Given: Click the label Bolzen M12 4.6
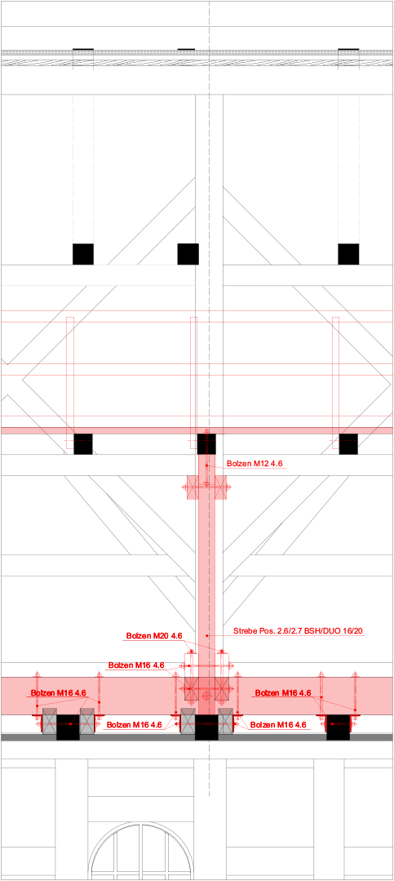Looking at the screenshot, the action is [255, 464].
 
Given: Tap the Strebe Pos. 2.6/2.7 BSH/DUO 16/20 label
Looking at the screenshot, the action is [298, 631].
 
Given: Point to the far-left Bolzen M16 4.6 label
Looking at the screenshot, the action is [59, 692].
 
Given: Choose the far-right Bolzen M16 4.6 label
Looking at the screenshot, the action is [283, 692].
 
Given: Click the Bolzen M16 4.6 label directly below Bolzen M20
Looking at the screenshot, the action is [136, 665].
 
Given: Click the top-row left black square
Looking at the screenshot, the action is [83, 254].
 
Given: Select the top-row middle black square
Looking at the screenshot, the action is [188, 254].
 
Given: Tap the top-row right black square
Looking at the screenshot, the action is [348, 254].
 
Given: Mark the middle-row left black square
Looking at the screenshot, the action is [83, 444].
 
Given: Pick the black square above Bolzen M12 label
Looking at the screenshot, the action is [206, 444].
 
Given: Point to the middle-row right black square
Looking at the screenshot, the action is [348, 444].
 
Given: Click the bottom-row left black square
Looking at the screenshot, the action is [68, 727].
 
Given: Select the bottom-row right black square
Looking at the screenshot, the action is [339, 727].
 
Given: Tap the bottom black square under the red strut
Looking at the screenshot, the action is [206, 727].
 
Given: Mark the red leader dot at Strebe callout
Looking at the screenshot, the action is [207, 635].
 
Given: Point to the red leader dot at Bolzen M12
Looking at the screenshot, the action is [206, 465].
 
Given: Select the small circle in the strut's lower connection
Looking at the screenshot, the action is [207, 696].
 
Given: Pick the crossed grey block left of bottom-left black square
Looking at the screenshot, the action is [50, 720].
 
